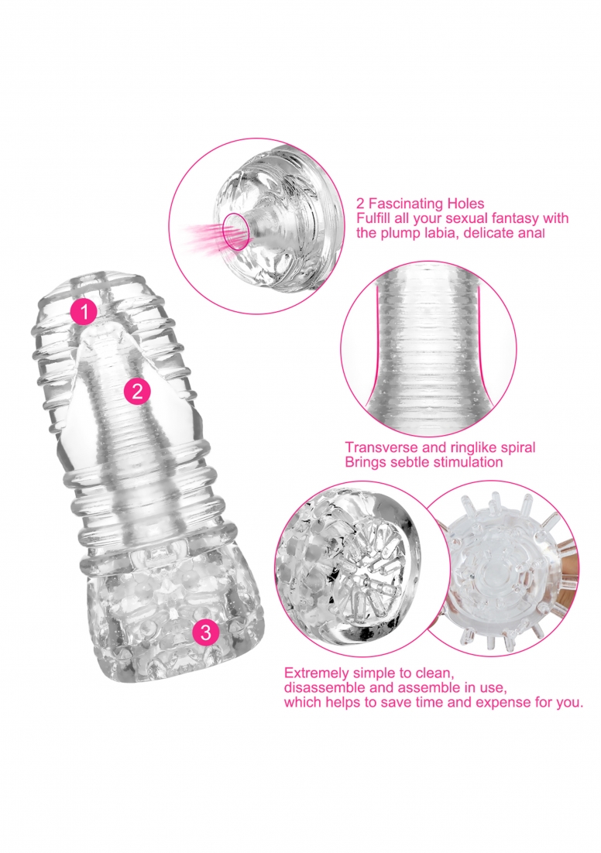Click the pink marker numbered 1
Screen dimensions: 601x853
coord(84,312)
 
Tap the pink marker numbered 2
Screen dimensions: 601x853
coord(136,391)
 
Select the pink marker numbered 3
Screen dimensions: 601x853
coord(205,632)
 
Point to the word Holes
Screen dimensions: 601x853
coord(465,204)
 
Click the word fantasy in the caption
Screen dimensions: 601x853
coord(514,219)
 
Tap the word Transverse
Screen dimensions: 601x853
coord(377,447)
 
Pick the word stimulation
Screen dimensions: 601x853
coord(468,462)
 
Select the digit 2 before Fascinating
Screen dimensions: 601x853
coord(360,204)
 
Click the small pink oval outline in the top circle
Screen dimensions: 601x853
coord(236,231)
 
